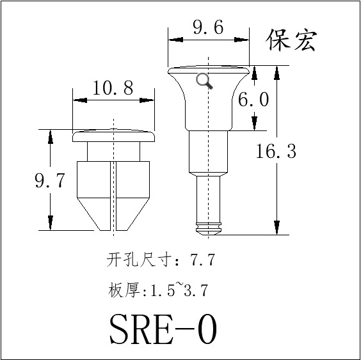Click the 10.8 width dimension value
click(113, 88)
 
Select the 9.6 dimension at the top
click(208, 27)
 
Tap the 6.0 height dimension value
click(253, 100)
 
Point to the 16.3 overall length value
click(276, 151)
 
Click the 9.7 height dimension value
click(49, 180)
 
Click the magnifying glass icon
click(204, 81)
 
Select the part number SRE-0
click(163, 329)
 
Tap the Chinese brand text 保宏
click(291, 40)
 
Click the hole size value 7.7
click(202, 260)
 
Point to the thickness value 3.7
click(196, 290)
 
